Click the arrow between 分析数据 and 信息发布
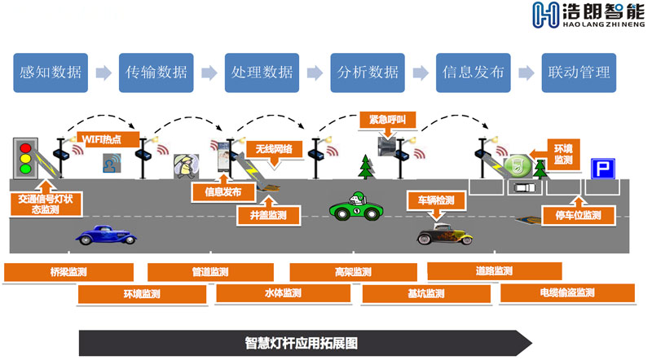(x=419, y=72)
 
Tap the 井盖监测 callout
(x=268, y=215)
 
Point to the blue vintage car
(x=106, y=234)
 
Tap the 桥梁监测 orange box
(x=68, y=272)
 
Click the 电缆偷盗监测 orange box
(x=566, y=292)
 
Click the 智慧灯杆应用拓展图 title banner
(x=302, y=342)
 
